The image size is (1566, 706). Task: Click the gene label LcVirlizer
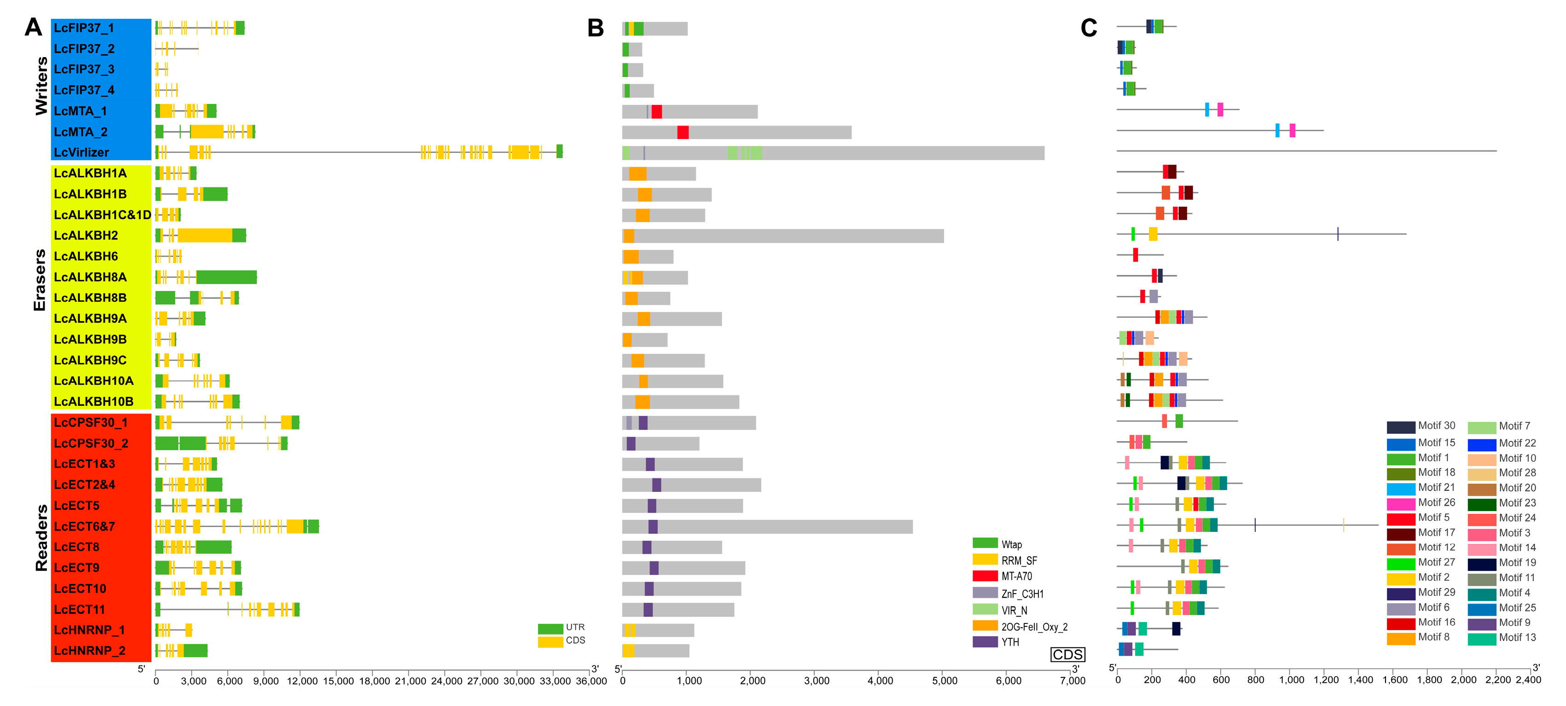[81, 152]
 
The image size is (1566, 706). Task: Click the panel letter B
[595, 29]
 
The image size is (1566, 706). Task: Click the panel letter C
[1088, 29]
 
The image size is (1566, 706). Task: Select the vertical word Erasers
[40, 280]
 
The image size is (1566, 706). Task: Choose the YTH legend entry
[1010, 642]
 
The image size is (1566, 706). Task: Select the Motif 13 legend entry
[1517, 638]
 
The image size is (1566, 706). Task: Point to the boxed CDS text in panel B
[1067, 655]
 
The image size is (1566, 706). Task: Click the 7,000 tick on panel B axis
[1073, 681]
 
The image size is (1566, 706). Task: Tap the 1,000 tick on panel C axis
[1291, 680]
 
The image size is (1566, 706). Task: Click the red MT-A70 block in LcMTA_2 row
[683, 133]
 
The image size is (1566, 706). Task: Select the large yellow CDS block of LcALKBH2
[205, 235]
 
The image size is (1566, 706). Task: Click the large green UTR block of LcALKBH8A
[226, 277]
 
